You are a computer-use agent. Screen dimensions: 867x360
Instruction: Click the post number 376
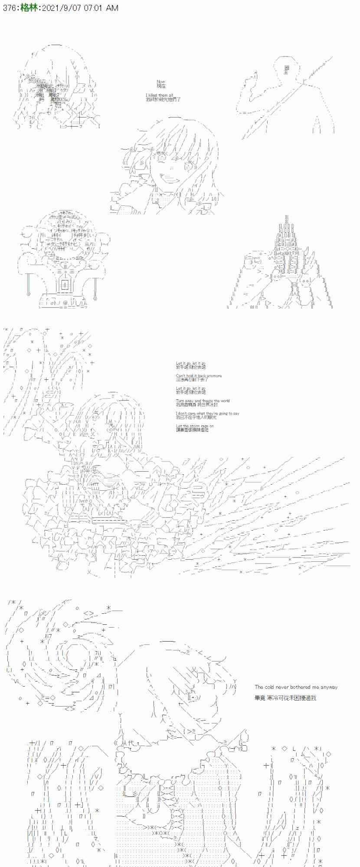click(x=10, y=7)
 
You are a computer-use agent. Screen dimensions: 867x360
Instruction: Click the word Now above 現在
click(x=161, y=81)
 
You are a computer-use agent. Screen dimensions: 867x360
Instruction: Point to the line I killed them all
click(x=159, y=95)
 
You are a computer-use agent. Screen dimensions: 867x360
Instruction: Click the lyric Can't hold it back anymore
click(x=199, y=376)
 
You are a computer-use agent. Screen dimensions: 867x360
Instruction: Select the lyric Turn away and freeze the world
click(x=203, y=401)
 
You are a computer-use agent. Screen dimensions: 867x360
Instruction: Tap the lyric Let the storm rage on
click(x=195, y=426)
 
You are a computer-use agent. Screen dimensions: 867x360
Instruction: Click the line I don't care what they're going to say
click(x=207, y=414)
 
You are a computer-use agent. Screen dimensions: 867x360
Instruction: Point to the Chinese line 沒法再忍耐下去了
click(x=192, y=380)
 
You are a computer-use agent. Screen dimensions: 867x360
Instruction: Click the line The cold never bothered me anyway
click(x=296, y=687)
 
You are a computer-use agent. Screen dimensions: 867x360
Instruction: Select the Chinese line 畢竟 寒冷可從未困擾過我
click(x=285, y=698)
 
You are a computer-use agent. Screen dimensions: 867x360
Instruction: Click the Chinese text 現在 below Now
click(x=161, y=86)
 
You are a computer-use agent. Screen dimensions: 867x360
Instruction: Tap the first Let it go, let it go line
click(x=190, y=363)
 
